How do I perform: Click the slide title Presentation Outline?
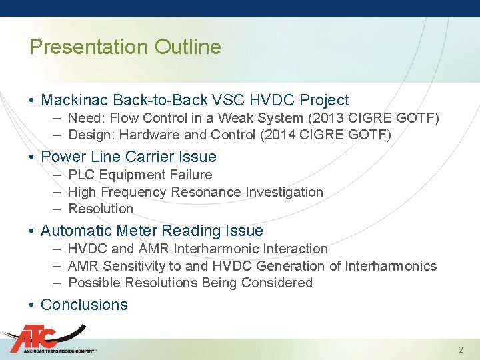125,47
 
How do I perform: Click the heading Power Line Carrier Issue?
128,157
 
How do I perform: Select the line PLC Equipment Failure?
140,175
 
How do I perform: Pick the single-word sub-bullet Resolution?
101,209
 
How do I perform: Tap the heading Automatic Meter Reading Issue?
151,231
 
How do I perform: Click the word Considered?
278,283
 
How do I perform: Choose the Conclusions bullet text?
84,305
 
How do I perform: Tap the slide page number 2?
461,350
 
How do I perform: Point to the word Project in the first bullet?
324,101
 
